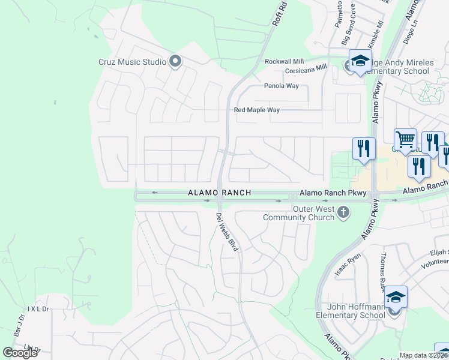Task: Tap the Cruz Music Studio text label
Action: coord(133,61)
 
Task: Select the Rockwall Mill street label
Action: coord(285,62)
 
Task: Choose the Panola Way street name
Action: coord(282,86)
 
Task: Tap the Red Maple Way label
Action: coord(257,110)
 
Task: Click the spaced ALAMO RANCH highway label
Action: coord(219,193)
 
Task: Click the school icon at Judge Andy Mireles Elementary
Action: coord(360,61)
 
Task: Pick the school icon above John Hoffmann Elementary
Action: coord(396,297)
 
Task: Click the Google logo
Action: coord(20,353)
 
